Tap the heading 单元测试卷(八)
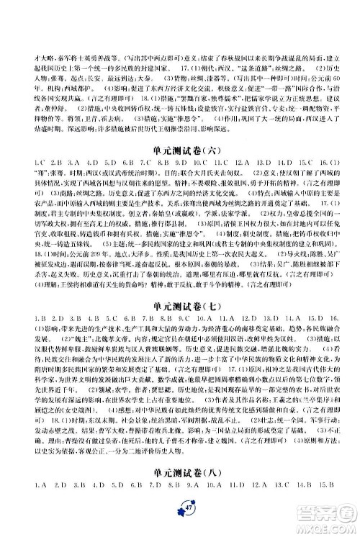click(179, 490)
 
